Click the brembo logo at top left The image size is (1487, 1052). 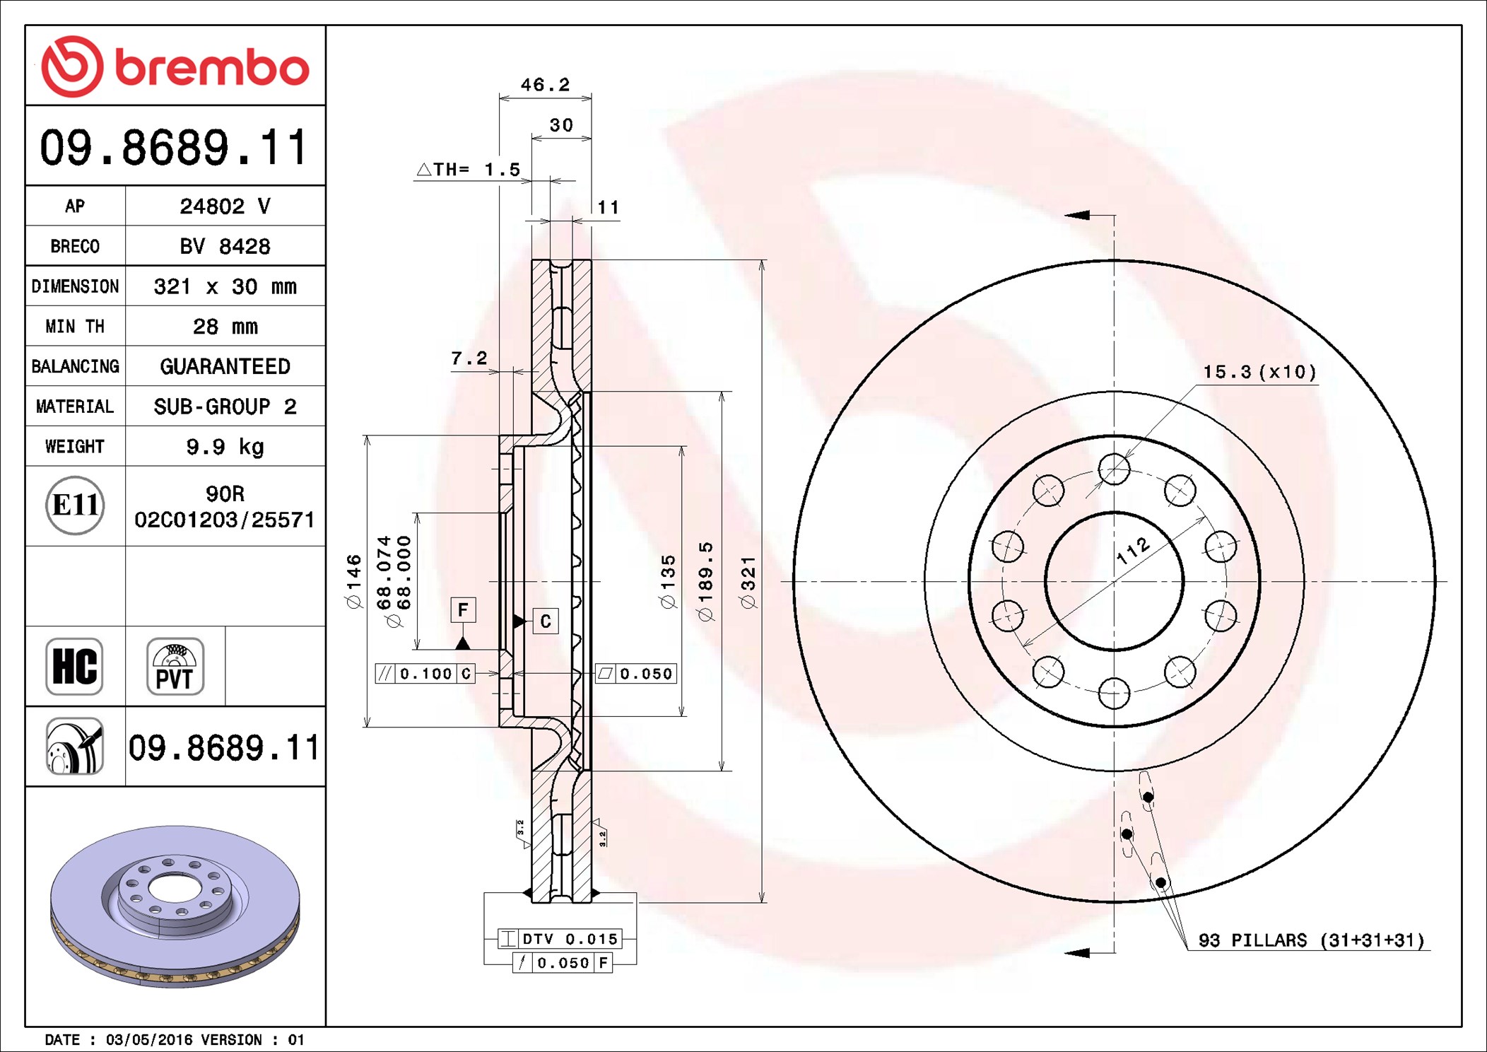tap(175, 66)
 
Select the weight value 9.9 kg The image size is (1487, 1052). tap(225, 447)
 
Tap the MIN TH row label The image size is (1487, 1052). tap(75, 326)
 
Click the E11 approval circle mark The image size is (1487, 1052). tap(75, 505)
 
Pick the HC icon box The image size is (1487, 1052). tap(74, 666)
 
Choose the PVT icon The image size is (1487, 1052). tap(175, 666)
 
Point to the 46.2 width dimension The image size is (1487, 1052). tap(545, 85)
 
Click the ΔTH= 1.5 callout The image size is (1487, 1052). tap(469, 170)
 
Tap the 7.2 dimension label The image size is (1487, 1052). tap(469, 358)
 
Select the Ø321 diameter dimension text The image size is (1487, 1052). tap(748, 582)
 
